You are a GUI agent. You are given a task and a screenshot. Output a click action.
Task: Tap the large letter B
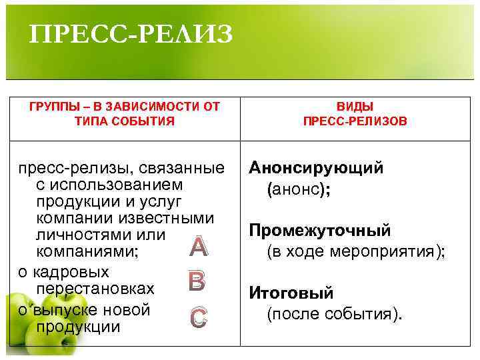[x=197, y=282]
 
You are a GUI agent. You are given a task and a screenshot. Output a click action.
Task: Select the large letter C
[x=197, y=318]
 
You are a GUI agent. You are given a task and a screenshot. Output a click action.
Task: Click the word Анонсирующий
[x=317, y=168]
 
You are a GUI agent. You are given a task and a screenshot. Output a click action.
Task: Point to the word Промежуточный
[x=320, y=231]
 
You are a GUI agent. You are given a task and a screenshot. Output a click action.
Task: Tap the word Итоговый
[x=291, y=293]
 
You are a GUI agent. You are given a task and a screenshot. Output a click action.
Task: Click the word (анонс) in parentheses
[x=297, y=189]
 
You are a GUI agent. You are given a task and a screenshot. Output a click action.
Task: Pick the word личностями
[x=83, y=235]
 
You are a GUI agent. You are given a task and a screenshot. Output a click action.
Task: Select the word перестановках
[x=96, y=289]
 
